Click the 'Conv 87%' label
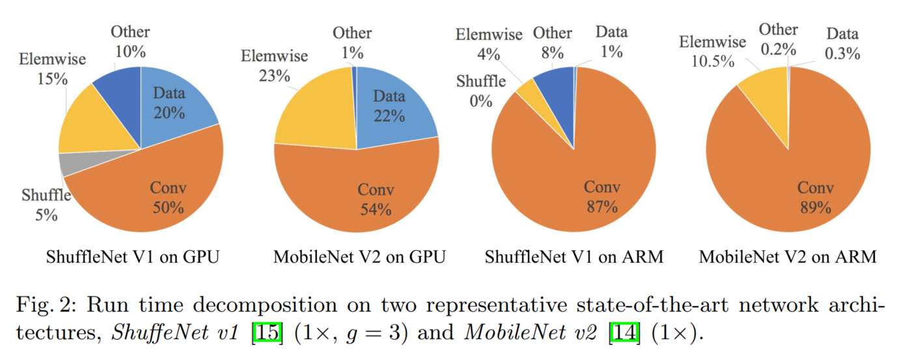point(601,197)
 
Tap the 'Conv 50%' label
point(168,198)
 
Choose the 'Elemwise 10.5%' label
point(712,52)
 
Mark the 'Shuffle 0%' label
point(481,91)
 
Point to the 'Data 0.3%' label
point(842,44)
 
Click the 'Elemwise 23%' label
point(274,65)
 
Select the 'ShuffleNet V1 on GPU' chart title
point(132,257)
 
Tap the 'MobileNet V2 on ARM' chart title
point(788,257)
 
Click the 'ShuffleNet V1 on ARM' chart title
point(573,257)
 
